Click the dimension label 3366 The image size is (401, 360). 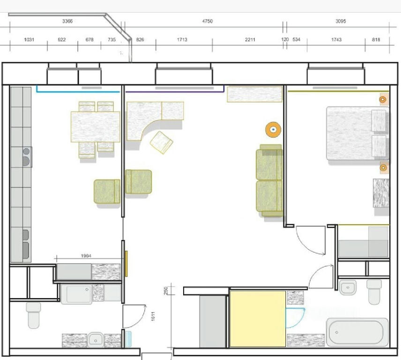click(67, 21)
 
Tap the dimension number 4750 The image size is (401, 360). click(208, 21)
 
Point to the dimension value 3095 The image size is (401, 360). click(341, 21)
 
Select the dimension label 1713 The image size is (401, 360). click(182, 40)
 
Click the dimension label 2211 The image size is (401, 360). click(250, 40)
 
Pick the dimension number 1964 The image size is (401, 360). click(86, 256)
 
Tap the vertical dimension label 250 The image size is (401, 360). click(166, 291)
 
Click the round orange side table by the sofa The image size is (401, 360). click(273, 130)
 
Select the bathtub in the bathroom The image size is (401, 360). click(357, 332)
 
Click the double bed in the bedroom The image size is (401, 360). click(357, 133)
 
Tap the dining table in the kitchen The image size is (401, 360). click(96, 127)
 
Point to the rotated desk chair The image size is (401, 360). click(161, 142)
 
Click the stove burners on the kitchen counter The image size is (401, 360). click(26, 157)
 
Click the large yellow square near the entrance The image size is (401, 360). click(258, 319)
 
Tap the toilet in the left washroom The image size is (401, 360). click(34, 315)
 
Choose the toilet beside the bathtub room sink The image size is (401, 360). click(374, 292)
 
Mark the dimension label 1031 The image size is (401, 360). click(29, 40)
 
